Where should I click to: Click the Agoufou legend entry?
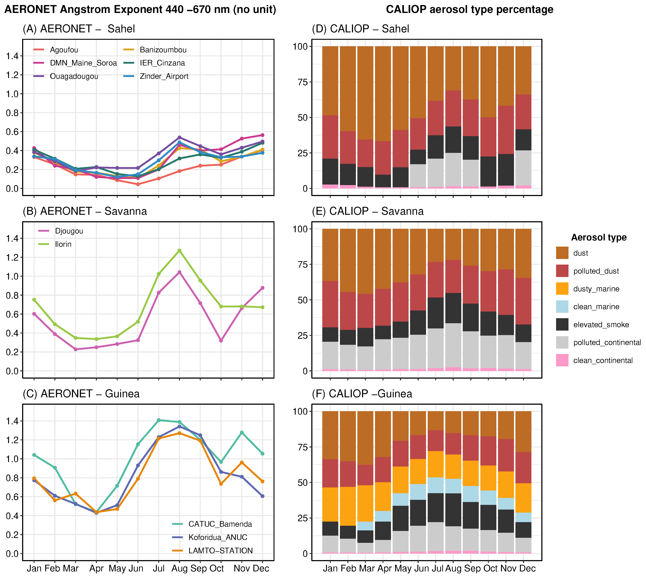64,50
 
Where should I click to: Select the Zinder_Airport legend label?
164,76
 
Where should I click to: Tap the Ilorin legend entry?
63,244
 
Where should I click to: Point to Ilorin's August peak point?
179,250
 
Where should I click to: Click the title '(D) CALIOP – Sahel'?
360,29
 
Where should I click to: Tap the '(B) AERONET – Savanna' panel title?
85,211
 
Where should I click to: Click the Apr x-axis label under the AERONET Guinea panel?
96,568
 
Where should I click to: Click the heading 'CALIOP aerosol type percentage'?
469,10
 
